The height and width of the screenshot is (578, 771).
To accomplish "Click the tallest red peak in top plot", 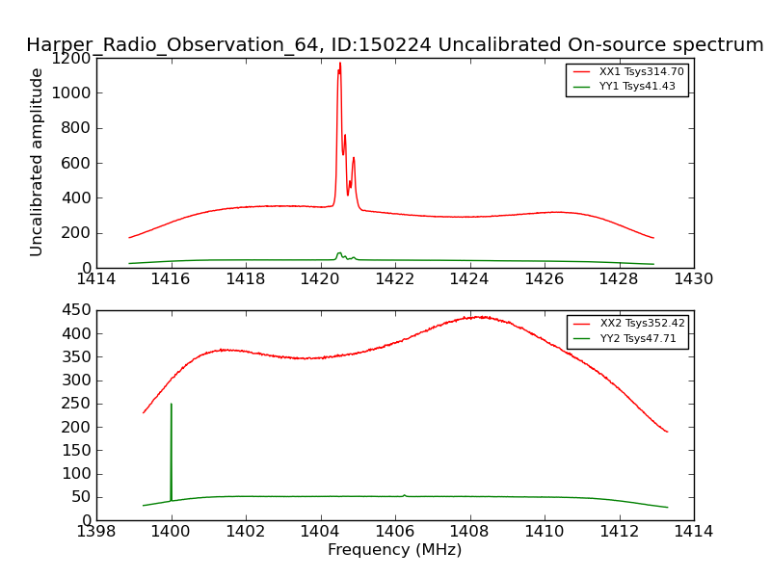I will coord(339,65).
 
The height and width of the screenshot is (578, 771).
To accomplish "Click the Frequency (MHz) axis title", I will coord(394,550).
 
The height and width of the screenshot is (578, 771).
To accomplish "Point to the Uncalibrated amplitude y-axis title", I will coord(37,162).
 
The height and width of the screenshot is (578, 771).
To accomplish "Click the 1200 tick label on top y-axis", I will coord(73,58).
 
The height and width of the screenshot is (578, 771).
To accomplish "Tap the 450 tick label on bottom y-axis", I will coord(78,310).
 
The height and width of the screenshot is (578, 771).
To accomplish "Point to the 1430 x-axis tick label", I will coord(693,279).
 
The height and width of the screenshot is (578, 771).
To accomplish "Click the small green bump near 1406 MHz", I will coord(404,495).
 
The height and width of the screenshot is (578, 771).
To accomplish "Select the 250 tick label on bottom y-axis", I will coord(78,404).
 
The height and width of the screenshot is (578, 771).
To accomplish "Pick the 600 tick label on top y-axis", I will coord(78,163).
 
